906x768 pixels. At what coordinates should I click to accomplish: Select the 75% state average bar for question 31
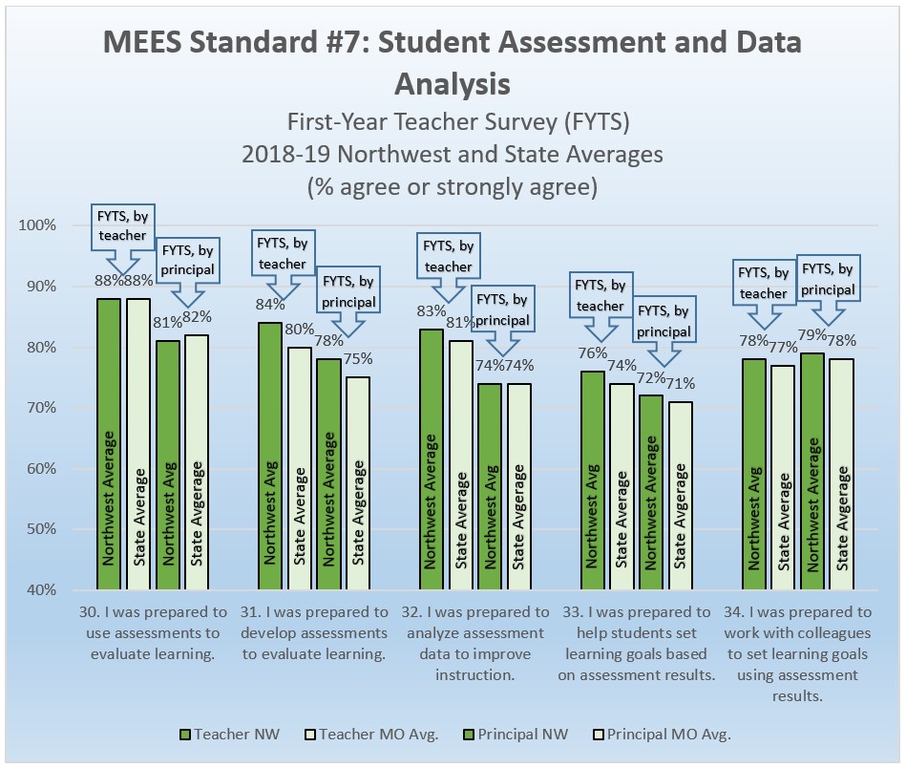click(358, 483)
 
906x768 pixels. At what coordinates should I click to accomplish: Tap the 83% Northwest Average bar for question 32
click(432, 459)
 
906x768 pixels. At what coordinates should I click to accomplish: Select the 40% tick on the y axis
click(42, 590)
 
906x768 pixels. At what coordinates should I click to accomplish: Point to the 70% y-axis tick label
click(42, 408)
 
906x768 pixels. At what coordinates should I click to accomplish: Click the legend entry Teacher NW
click(217, 735)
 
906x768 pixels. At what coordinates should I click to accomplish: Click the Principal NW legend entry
click(516, 735)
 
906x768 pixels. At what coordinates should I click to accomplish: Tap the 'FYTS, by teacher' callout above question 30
click(122, 226)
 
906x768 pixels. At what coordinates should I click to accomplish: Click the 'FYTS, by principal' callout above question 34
click(826, 279)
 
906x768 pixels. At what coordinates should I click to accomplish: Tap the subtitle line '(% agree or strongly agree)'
click(452, 186)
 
